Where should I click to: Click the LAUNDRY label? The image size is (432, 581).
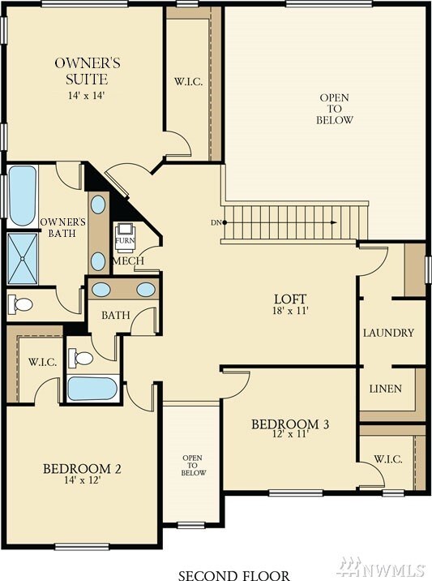click(x=388, y=333)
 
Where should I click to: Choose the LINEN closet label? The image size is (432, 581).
click(x=385, y=389)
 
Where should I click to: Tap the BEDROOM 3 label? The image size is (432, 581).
click(x=289, y=424)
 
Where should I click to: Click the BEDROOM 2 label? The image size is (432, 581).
click(x=82, y=468)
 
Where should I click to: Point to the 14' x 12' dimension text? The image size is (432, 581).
click(x=82, y=480)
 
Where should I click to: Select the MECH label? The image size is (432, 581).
click(x=128, y=262)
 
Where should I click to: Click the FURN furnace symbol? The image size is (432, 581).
click(x=126, y=235)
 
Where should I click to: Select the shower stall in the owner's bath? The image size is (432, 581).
click(x=21, y=256)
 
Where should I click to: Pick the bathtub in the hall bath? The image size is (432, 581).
click(x=92, y=388)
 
